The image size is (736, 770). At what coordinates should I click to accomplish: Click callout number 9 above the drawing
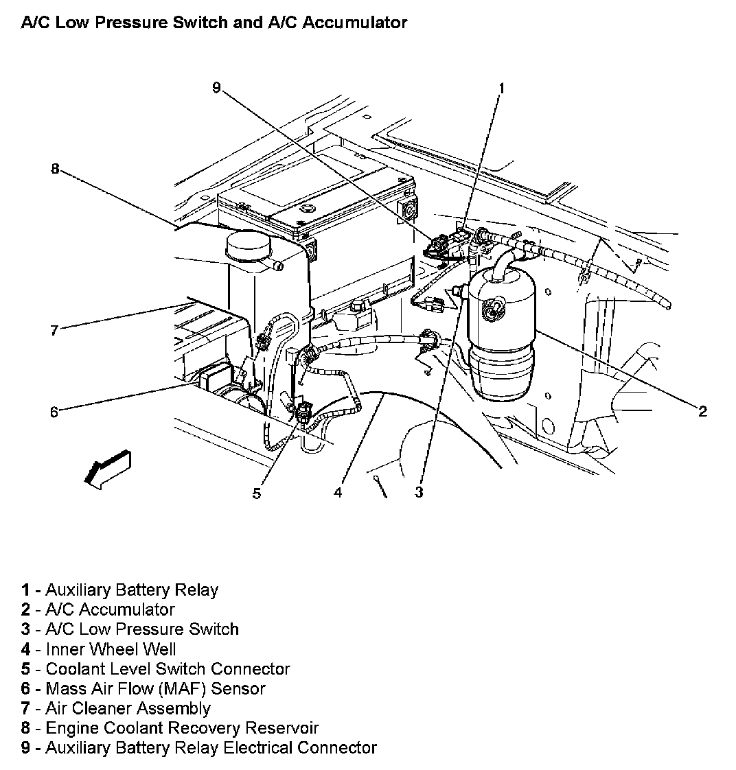[x=216, y=88]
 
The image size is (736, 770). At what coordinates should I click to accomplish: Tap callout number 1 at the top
[x=501, y=88]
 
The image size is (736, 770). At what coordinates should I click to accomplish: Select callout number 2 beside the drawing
[x=702, y=411]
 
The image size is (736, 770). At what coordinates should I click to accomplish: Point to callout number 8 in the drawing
[x=55, y=169]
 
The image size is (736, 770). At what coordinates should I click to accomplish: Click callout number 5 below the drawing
[x=256, y=493]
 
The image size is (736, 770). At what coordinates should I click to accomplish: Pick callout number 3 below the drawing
[x=419, y=492]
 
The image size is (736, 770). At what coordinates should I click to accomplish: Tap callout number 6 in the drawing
[x=54, y=412]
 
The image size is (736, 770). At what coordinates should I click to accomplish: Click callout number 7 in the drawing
[x=54, y=330]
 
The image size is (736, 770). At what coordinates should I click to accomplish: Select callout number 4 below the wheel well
[x=338, y=492]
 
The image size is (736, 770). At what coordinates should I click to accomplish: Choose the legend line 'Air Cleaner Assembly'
[x=128, y=708]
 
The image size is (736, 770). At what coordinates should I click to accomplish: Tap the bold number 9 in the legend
[x=25, y=747]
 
